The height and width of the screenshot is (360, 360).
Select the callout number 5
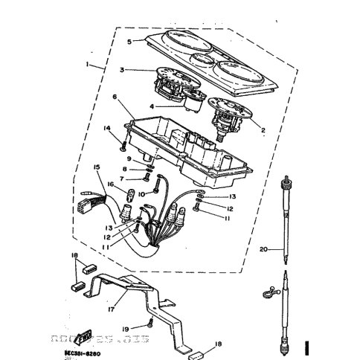click(129, 41)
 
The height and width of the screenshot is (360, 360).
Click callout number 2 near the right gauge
click(263, 128)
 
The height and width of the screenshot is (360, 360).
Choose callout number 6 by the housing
click(115, 97)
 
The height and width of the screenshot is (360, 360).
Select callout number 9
click(129, 159)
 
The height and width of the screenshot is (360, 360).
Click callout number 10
click(142, 193)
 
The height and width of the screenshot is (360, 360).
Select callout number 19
click(126, 327)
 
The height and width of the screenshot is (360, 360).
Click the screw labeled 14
click(120, 146)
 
